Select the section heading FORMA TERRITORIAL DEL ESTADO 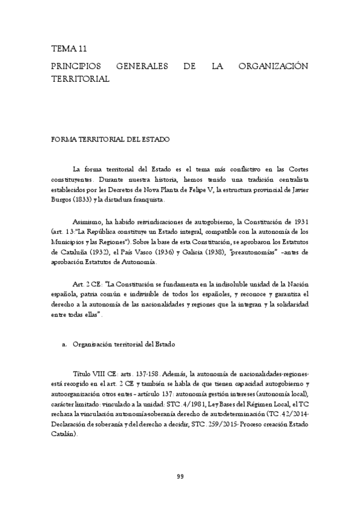(x=111, y=140)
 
